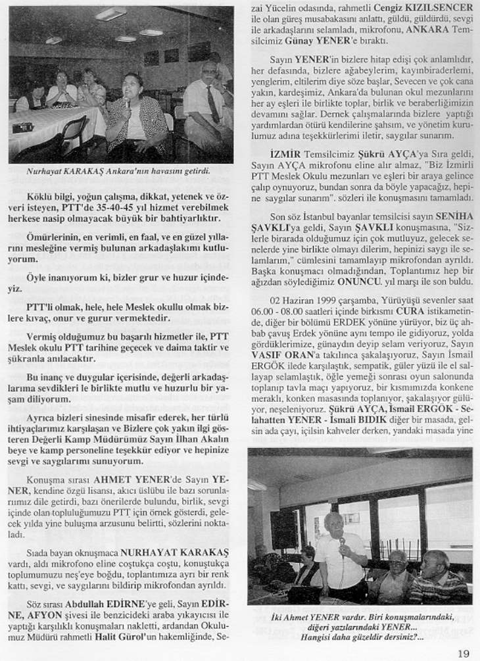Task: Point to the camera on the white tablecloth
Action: pos(22,127)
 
